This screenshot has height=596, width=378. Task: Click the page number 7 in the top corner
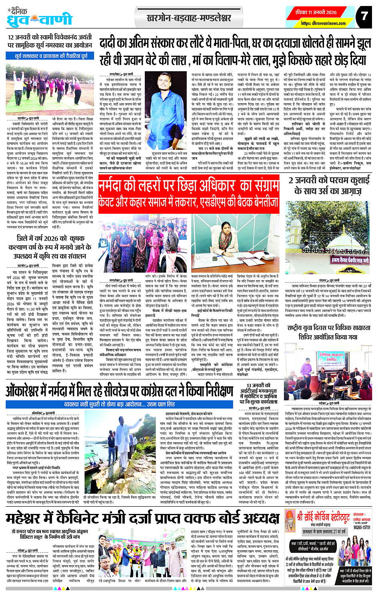tap(364, 16)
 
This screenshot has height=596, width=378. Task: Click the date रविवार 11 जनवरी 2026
tap(316, 12)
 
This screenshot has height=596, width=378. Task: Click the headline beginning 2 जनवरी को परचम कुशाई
tap(328, 185)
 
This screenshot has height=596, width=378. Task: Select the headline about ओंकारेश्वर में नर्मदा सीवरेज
tap(119, 391)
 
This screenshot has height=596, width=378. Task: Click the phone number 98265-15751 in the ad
tap(362, 528)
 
